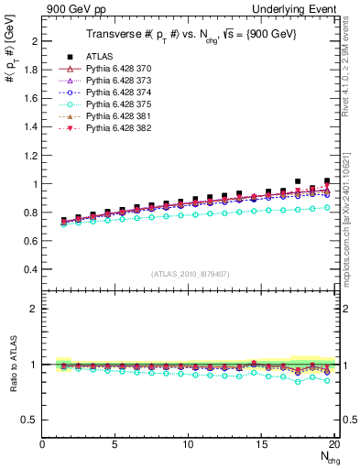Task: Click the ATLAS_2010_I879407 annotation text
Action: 189,273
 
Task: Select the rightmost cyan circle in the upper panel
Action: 328,207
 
